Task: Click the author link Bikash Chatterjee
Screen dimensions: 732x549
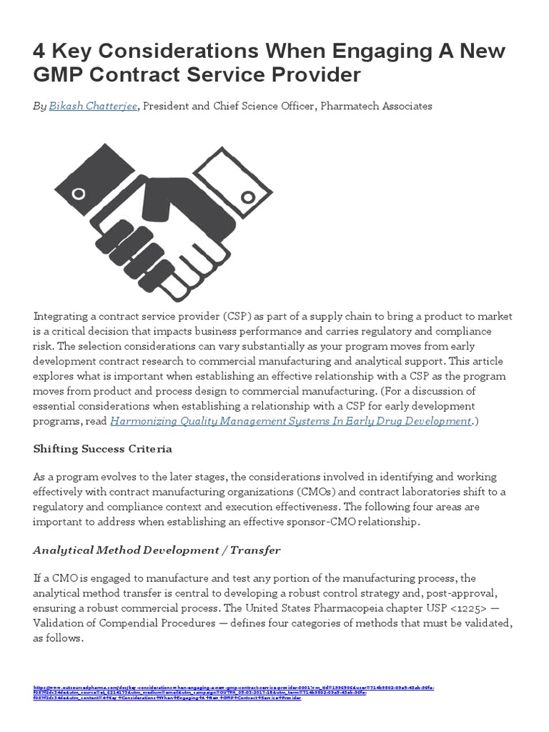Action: pos(92,106)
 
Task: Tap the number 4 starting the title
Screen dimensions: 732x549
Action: pos(41,51)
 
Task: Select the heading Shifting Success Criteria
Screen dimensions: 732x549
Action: pos(103,450)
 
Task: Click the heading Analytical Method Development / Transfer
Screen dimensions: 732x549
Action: pos(157,550)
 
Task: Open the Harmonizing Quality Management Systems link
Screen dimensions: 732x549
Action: pos(290,421)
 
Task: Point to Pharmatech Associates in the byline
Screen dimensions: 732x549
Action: pos(376,106)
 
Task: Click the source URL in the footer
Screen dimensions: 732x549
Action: pos(236,692)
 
